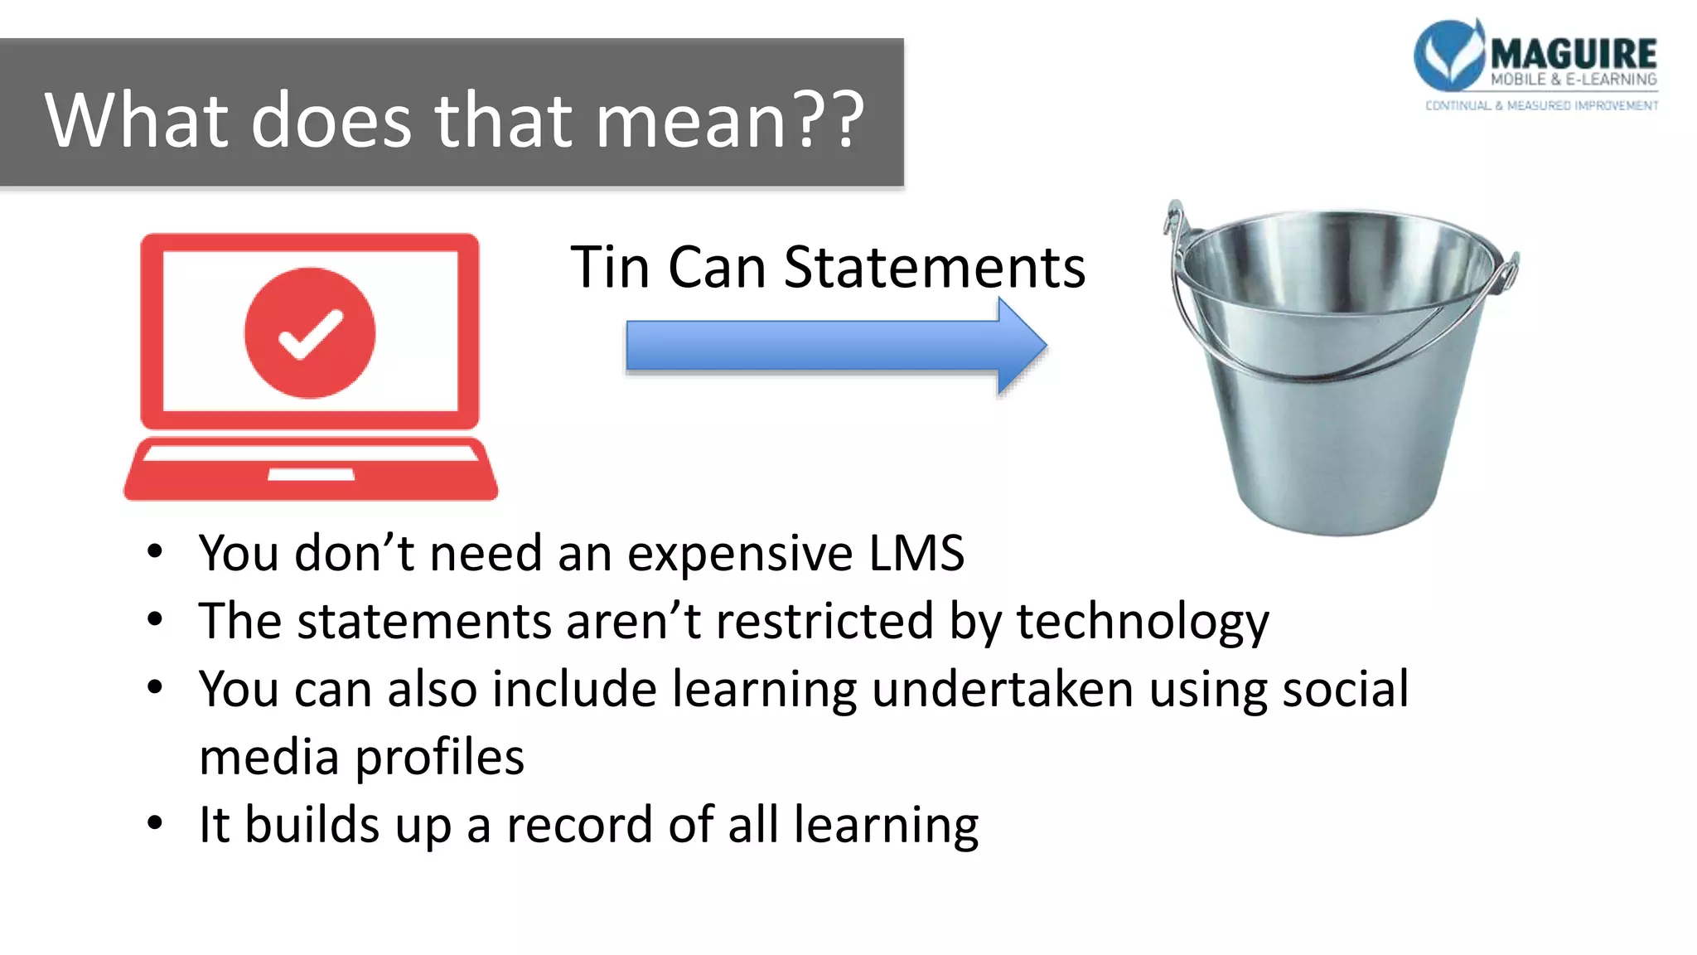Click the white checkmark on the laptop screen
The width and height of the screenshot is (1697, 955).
pos(310,333)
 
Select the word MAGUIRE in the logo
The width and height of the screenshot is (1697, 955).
pos(1574,54)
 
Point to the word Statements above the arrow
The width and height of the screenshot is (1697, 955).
pos(934,268)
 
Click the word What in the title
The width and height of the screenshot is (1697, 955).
pos(137,120)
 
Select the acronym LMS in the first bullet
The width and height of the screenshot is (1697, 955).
pos(916,553)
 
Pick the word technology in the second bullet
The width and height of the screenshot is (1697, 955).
pos(1143,622)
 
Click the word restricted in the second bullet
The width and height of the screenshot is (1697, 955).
pos(824,621)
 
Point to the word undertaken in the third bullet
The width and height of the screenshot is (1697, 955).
pos(1003,689)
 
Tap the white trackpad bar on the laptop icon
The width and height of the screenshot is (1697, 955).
pos(311,474)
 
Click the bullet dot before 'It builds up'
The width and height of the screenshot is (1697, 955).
pos(155,823)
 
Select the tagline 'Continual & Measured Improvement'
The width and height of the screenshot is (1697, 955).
pos(1541,105)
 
